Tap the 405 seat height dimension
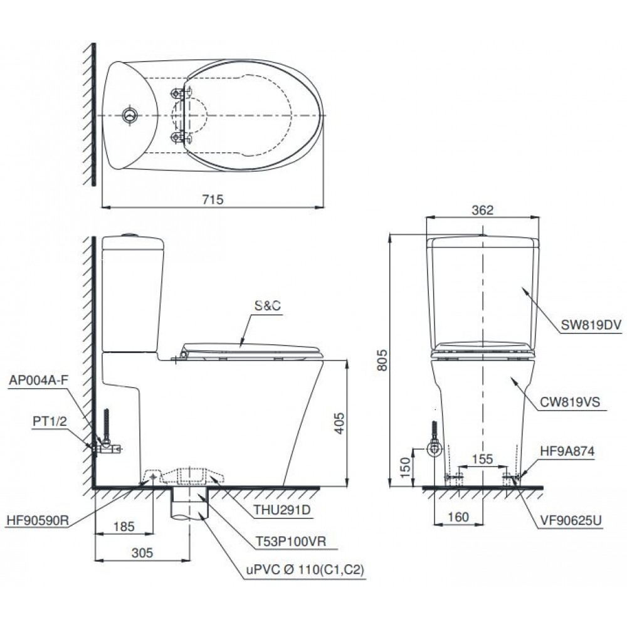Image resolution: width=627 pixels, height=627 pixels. (337, 424)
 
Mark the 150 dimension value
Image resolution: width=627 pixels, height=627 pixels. (405, 466)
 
